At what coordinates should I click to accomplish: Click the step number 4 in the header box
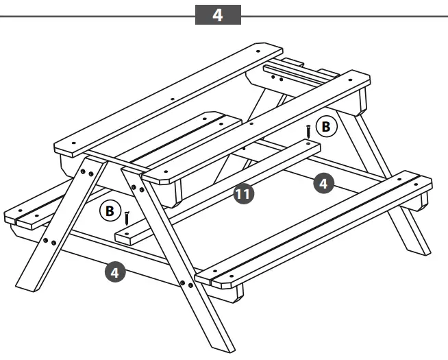[x=218, y=14]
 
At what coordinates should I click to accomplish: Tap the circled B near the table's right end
[x=327, y=127]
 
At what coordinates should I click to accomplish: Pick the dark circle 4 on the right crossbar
[x=324, y=182]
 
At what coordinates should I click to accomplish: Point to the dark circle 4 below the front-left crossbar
[x=114, y=272]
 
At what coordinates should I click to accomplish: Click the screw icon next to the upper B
[x=309, y=130]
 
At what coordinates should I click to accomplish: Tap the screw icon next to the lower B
[x=127, y=217]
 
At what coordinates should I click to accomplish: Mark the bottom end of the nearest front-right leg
[x=221, y=343]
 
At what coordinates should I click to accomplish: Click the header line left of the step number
[x=96, y=14]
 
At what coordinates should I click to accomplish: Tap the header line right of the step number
[x=343, y=14]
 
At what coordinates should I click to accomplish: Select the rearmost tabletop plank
[x=168, y=99]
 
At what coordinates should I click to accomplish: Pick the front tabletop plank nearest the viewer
[x=257, y=127]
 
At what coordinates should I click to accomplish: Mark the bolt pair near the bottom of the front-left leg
[x=49, y=241]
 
